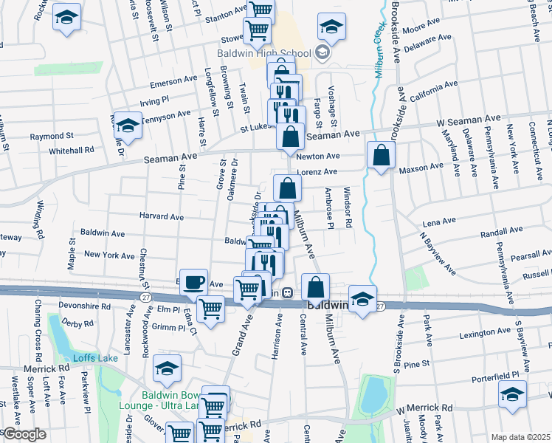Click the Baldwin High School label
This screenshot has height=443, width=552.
(x=264, y=52)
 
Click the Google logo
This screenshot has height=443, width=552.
(x=24, y=434)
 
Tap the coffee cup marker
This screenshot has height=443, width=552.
(x=193, y=282)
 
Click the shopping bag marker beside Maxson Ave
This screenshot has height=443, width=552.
(x=380, y=155)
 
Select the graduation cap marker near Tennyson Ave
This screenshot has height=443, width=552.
(x=128, y=126)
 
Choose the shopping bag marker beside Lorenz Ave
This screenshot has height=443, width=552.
(x=287, y=188)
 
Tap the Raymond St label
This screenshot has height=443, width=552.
(x=52, y=137)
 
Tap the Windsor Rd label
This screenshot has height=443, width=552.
(x=347, y=207)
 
